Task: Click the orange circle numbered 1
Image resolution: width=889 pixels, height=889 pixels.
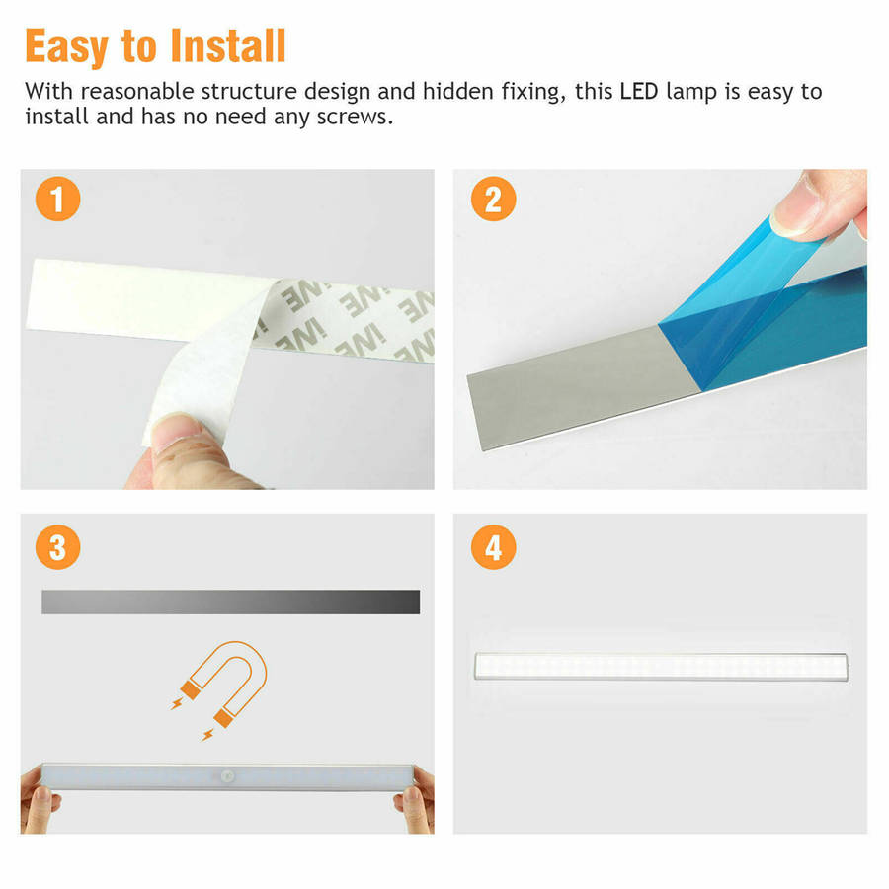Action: (x=58, y=199)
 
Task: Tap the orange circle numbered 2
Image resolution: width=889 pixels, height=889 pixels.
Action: (x=493, y=199)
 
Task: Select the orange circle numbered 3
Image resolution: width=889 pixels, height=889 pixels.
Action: (x=58, y=547)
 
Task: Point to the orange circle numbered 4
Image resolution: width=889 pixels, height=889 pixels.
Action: (x=493, y=547)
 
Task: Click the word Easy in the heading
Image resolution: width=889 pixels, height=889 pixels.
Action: (x=67, y=48)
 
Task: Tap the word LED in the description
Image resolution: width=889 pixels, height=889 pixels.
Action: (x=639, y=91)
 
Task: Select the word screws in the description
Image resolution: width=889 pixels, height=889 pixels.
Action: (x=355, y=117)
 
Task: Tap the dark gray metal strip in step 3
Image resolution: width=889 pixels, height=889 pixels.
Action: (x=231, y=603)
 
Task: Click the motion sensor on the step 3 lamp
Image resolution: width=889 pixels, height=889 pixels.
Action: (x=228, y=775)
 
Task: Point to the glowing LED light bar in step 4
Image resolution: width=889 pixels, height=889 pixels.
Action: (x=661, y=666)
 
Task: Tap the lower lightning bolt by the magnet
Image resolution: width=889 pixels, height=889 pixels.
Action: (x=208, y=735)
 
